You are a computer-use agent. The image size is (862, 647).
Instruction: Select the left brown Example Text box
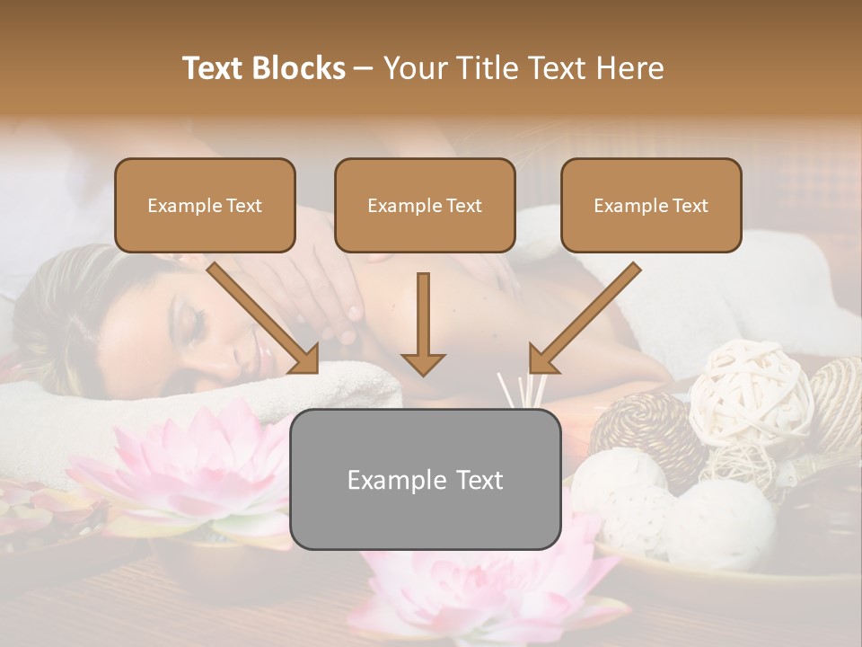point(205,206)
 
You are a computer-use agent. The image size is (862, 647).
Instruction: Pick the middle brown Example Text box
point(425,206)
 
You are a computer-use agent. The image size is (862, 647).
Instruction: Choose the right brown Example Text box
point(651,206)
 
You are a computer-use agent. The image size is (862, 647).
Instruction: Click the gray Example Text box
point(425,480)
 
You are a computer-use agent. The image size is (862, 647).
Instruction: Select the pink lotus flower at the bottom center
point(485,593)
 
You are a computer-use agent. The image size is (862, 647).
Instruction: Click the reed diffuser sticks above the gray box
point(522,390)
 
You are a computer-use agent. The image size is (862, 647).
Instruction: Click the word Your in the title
point(414,68)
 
